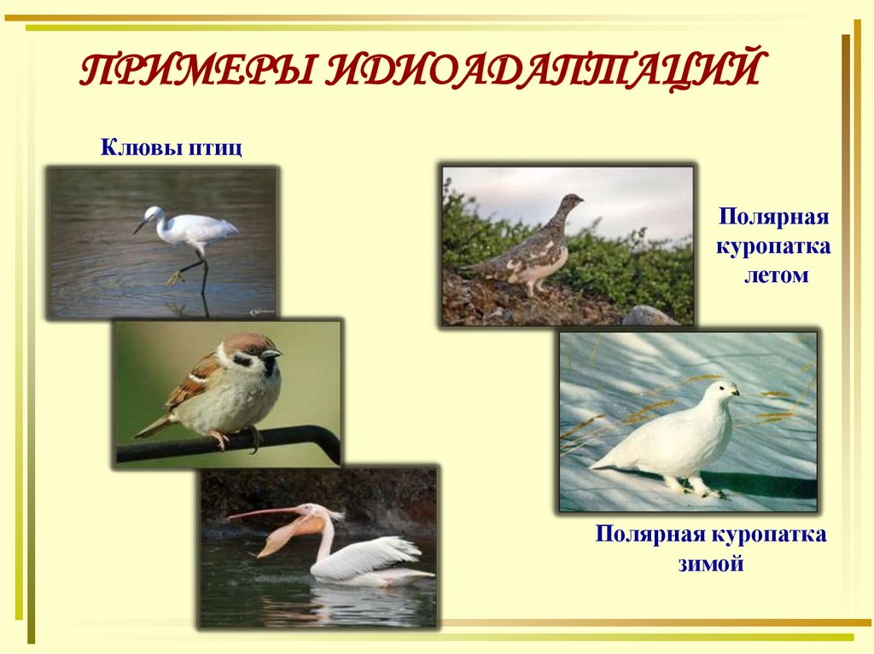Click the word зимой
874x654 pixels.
[710, 564]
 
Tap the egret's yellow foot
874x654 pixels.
[175, 277]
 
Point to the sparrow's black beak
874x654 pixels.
[271, 353]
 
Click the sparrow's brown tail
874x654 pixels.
[151, 427]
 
